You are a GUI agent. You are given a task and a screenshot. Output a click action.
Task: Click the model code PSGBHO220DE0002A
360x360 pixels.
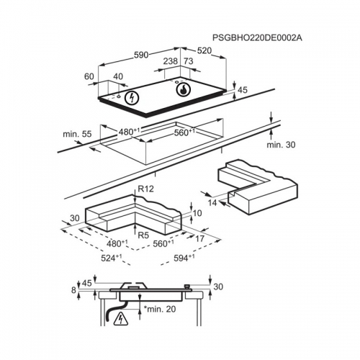[x=257, y=38]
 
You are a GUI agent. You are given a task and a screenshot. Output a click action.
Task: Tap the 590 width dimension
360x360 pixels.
[x=141, y=55]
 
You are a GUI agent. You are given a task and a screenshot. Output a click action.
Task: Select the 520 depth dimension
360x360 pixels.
[x=204, y=50]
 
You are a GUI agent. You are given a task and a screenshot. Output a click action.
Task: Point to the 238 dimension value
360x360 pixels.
[x=171, y=61]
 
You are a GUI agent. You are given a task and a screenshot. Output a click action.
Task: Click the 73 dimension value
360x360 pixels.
[x=189, y=61]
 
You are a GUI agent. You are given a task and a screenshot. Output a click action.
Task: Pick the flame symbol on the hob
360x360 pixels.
[x=184, y=90]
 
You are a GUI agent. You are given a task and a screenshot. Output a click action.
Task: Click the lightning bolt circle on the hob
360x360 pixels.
[x=132, y=98]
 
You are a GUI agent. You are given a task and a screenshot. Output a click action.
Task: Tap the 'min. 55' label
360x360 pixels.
[x=77, y=134]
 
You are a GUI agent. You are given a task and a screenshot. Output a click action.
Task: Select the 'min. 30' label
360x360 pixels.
[x=281, y=145]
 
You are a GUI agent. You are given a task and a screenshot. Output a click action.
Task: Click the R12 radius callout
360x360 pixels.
[x=145, y=189]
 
